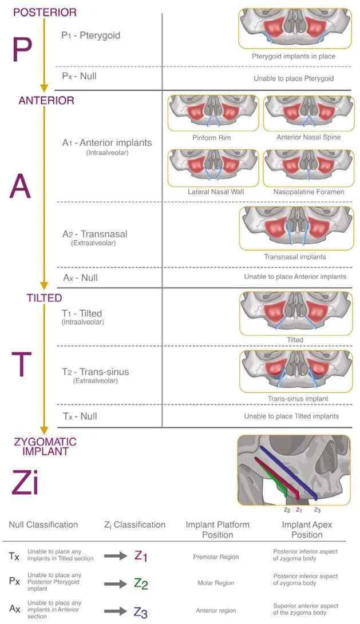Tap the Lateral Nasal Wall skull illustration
click(x=213, y=167)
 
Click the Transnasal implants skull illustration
click(x=295, y=227)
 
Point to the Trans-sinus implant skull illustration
click(x=295, y=371)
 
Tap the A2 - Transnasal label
click(x=95, y=234)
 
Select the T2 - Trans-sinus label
click(x=96, y=372)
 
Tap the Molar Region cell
click(x=216, y=583)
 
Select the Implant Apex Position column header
click(x=307, y=529)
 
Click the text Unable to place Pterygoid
click(x=294, y=78)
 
